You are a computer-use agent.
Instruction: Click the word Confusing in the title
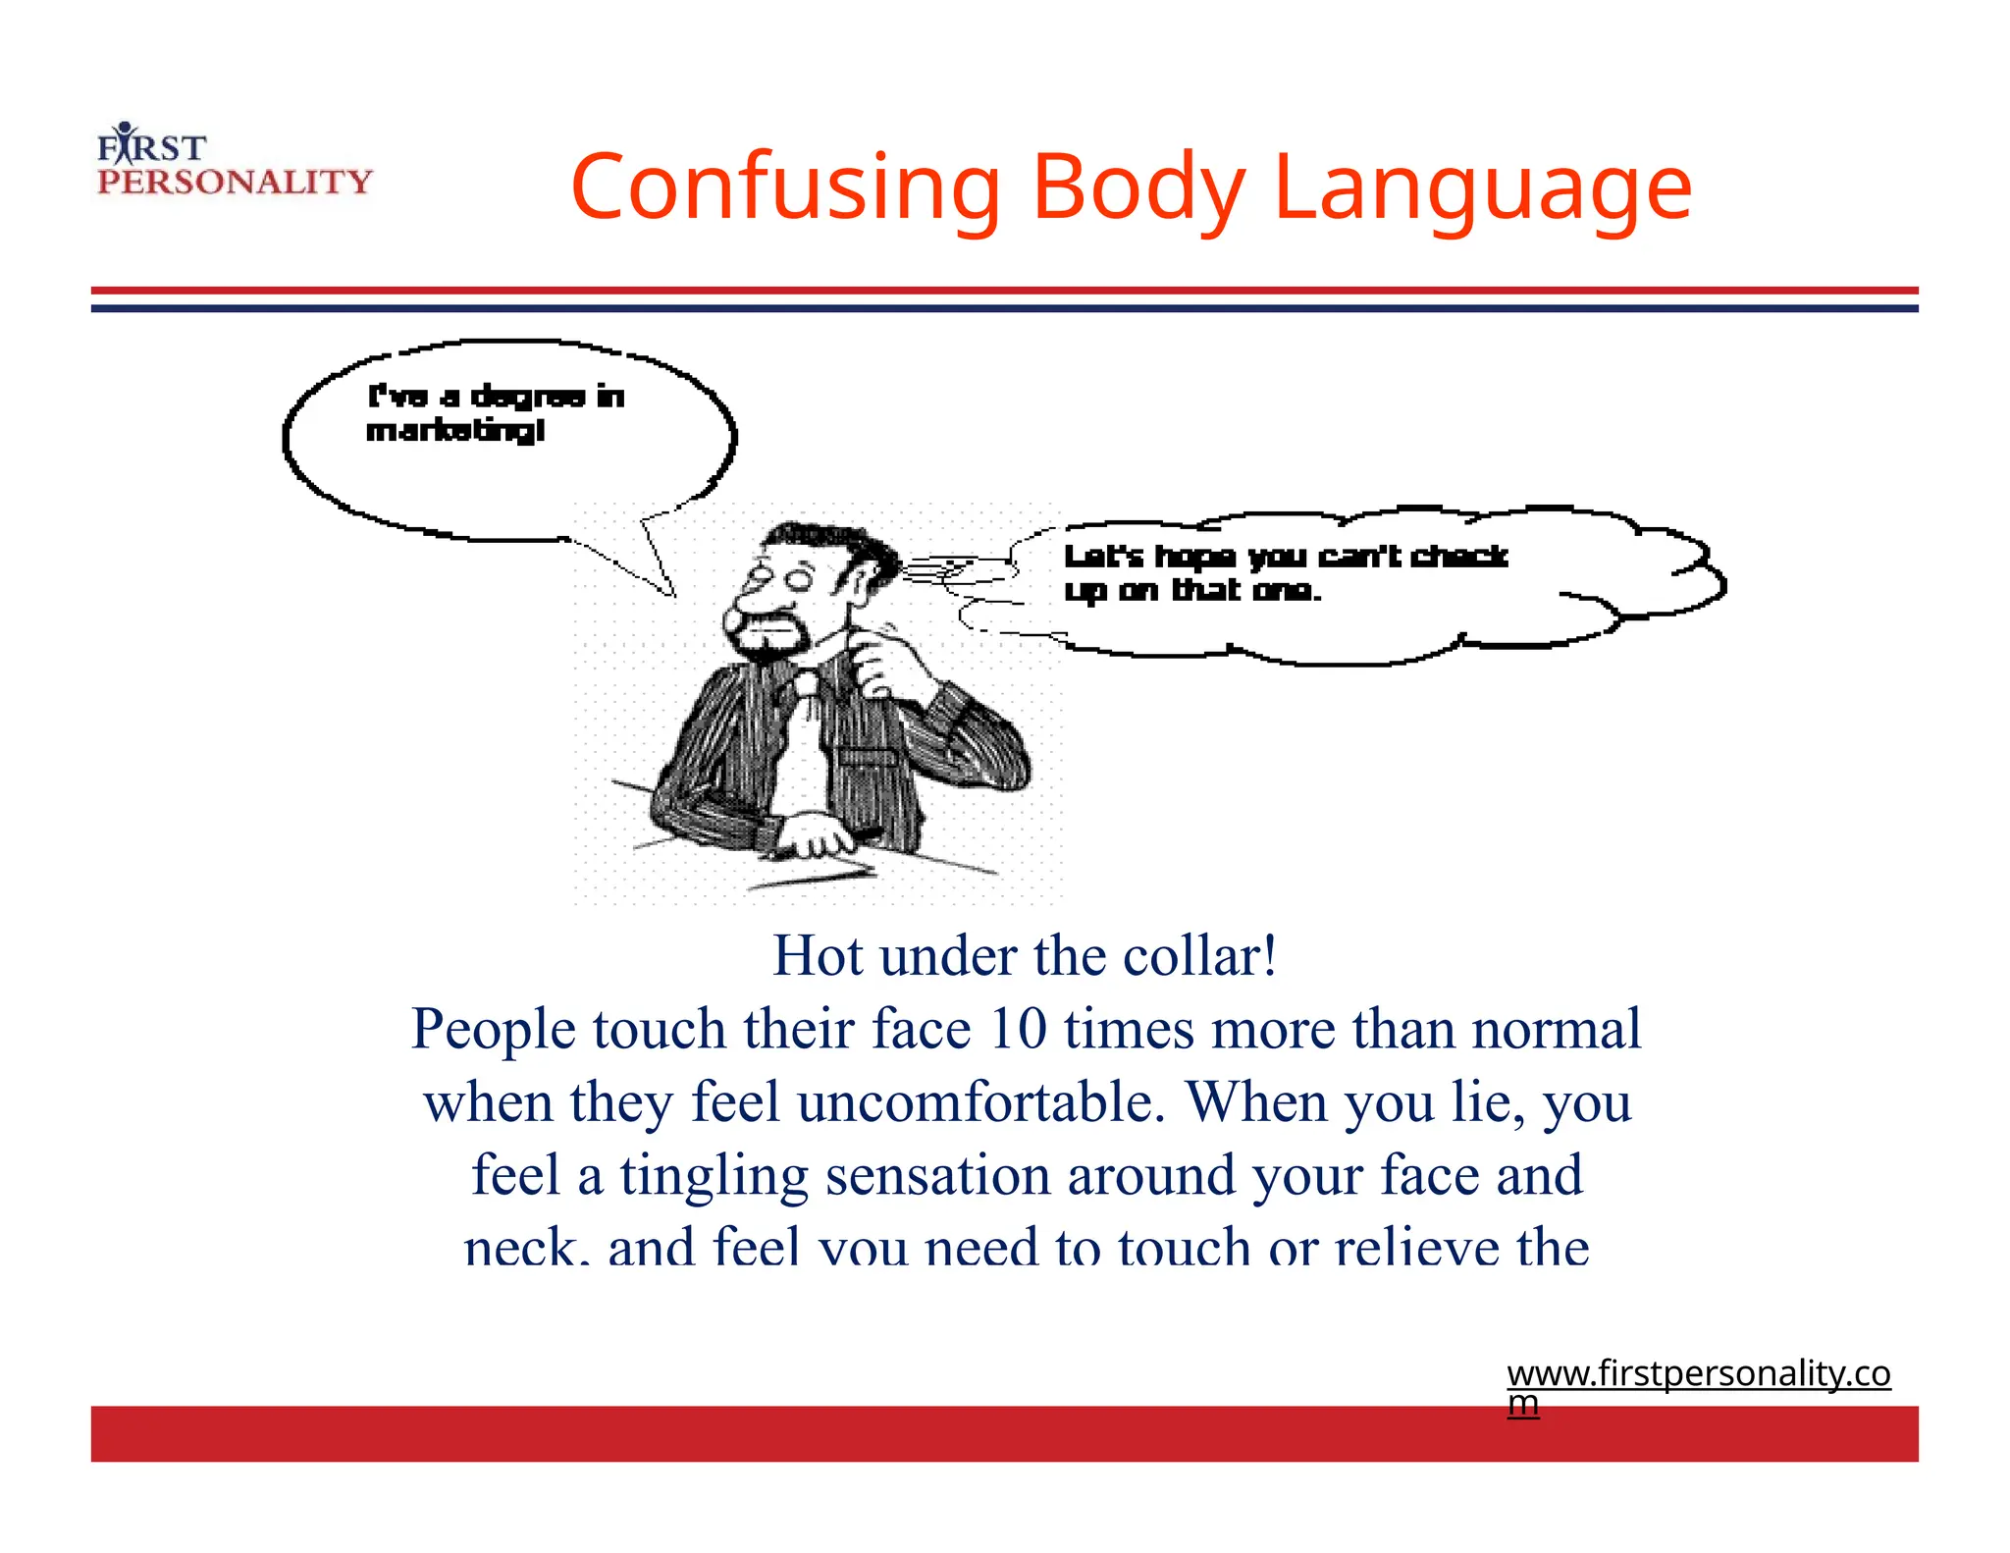click(784, 187)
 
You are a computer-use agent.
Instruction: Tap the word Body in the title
click(1137, 187)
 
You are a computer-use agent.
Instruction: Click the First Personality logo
click(234, 163)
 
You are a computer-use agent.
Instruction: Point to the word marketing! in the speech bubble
click(455, 431)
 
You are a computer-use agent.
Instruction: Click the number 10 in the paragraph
click(1017, 1029)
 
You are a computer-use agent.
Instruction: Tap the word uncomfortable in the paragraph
click(981, 1101)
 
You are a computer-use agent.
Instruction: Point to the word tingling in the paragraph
click(714, 1175)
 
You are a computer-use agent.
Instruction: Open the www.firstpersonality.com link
click(1698, 1374)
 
